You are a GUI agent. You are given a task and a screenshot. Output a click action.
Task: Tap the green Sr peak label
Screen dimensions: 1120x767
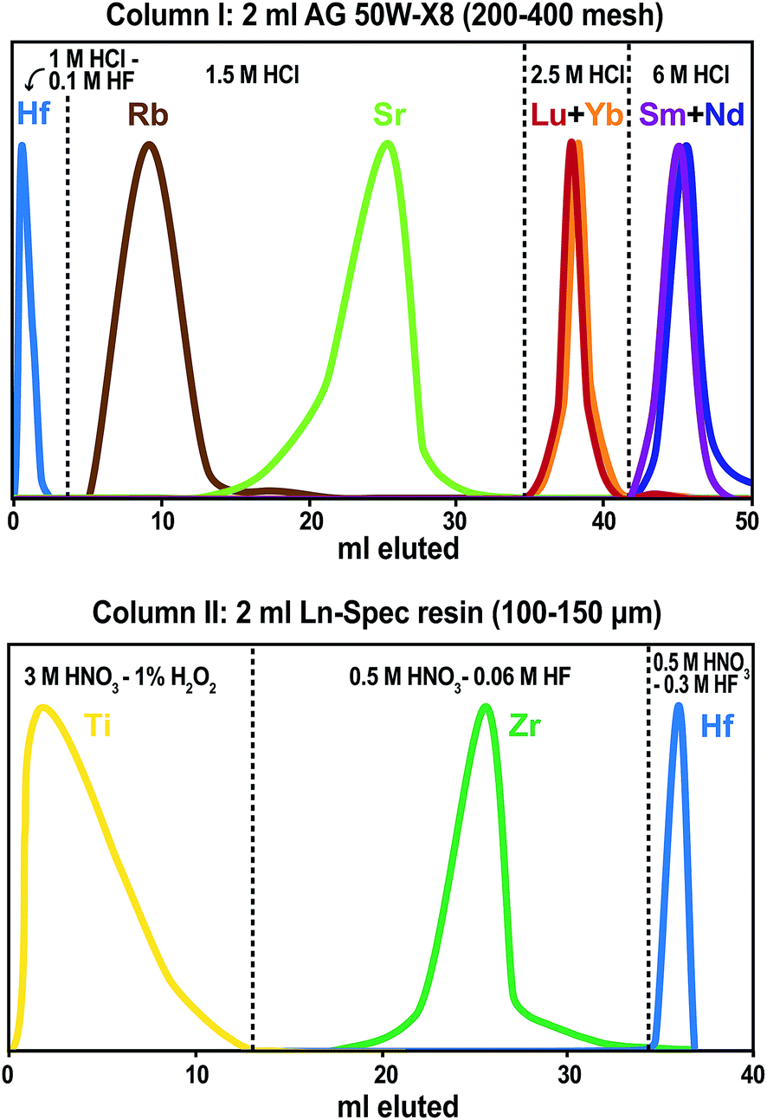coord(388,114)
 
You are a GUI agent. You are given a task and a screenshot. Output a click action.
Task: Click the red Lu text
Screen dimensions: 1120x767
coord(547,114)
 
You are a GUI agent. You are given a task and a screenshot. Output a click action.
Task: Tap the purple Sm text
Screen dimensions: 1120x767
coord(661,114)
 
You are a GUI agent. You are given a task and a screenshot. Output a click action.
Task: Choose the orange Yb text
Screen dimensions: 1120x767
coord(603,114)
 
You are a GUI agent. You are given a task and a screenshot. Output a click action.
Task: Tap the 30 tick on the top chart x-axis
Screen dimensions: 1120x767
coord(456,521)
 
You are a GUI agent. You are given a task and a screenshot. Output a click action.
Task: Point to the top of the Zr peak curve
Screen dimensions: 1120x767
coord(486,706)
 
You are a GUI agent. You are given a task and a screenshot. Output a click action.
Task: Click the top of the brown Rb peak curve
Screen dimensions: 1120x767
coord(150,144)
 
